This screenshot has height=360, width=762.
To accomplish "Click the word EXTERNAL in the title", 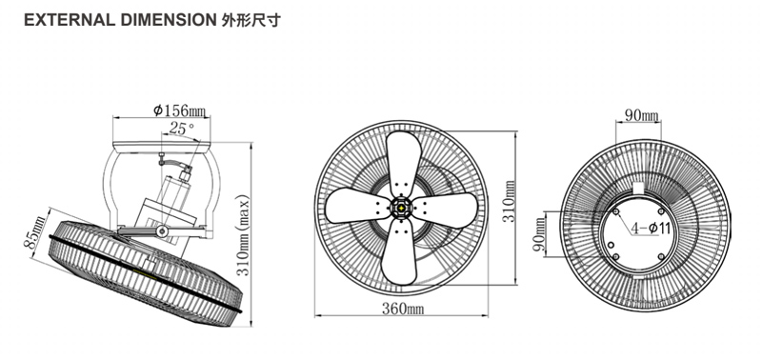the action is (69, 20).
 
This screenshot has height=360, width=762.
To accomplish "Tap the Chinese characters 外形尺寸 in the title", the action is (251, 20).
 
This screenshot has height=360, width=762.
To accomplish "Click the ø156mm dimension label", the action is (180, 110).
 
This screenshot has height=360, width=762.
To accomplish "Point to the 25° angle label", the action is (182, 129).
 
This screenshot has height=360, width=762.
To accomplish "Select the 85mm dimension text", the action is (35, 232).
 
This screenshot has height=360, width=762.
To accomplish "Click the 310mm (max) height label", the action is (243, 235).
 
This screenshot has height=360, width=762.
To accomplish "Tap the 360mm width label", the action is (402, 308).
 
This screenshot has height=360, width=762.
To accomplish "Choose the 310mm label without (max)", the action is (509, 201).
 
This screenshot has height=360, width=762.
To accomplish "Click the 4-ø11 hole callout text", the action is (651, 228).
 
